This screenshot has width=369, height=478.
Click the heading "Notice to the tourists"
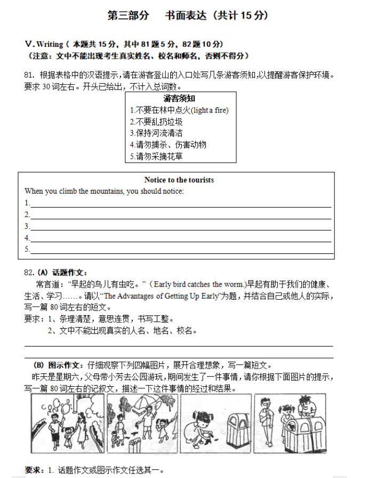(x=179, y=180)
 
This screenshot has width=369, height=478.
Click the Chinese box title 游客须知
(x=179, y=99)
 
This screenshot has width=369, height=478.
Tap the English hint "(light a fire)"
(x=210, y=110)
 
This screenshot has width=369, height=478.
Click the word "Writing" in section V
(x=50, y=44)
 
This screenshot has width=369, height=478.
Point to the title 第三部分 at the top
(x=128, y=15)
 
